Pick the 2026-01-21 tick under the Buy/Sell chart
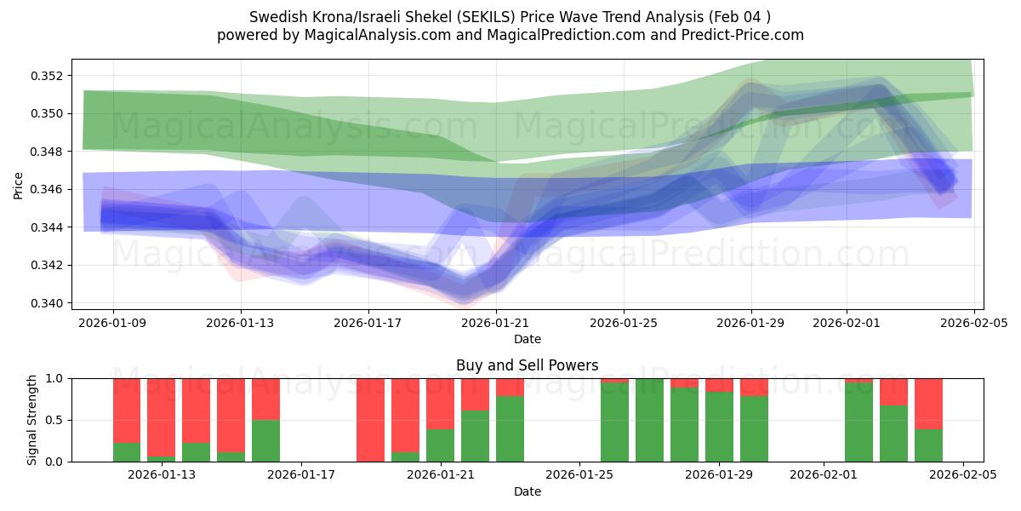[441, 475]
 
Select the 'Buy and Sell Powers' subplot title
[527, 365]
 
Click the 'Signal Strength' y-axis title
[32, 420]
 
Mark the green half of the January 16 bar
[265, 441]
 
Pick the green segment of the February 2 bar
[858, 422]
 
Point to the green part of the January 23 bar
[510, 429]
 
